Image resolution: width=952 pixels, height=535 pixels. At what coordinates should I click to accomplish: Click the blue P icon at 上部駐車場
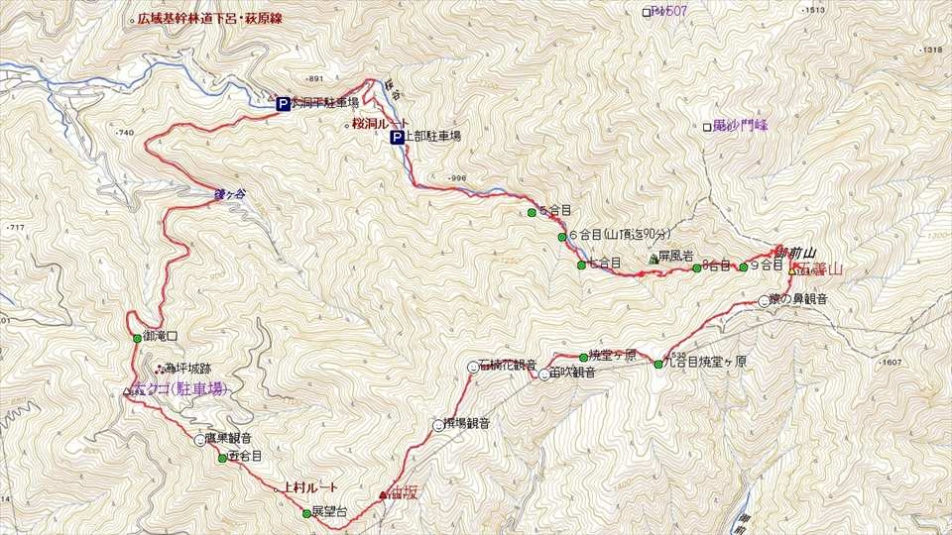[397, 138]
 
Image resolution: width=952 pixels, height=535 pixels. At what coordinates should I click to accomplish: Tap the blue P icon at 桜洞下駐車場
[283, 102]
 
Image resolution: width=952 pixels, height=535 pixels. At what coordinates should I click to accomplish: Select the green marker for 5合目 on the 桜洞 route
[532, 212]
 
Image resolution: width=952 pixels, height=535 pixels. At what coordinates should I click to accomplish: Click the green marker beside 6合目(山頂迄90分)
[562, 237]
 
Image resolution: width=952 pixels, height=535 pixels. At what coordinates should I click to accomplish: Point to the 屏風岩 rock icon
[653, 260]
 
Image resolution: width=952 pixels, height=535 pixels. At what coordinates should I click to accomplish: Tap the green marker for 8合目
[696, 267]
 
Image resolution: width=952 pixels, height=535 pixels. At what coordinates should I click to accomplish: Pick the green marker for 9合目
[743, 267]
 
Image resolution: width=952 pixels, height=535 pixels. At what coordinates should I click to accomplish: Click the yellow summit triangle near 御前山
[792, 268]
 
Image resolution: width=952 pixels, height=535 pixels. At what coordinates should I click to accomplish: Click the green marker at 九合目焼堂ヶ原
[657, 364]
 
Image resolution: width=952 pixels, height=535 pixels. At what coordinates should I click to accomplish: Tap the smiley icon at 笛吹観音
[543, 374]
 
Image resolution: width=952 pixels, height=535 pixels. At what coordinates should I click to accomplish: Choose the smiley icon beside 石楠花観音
[472, 368]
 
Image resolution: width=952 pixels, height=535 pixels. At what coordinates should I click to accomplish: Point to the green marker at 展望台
[305, 513]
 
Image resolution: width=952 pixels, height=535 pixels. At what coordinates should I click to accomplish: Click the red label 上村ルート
[309, 487]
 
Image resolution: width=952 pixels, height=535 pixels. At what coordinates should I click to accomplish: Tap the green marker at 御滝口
[137, 338]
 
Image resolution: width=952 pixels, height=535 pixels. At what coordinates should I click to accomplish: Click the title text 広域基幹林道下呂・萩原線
[210, 19]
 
